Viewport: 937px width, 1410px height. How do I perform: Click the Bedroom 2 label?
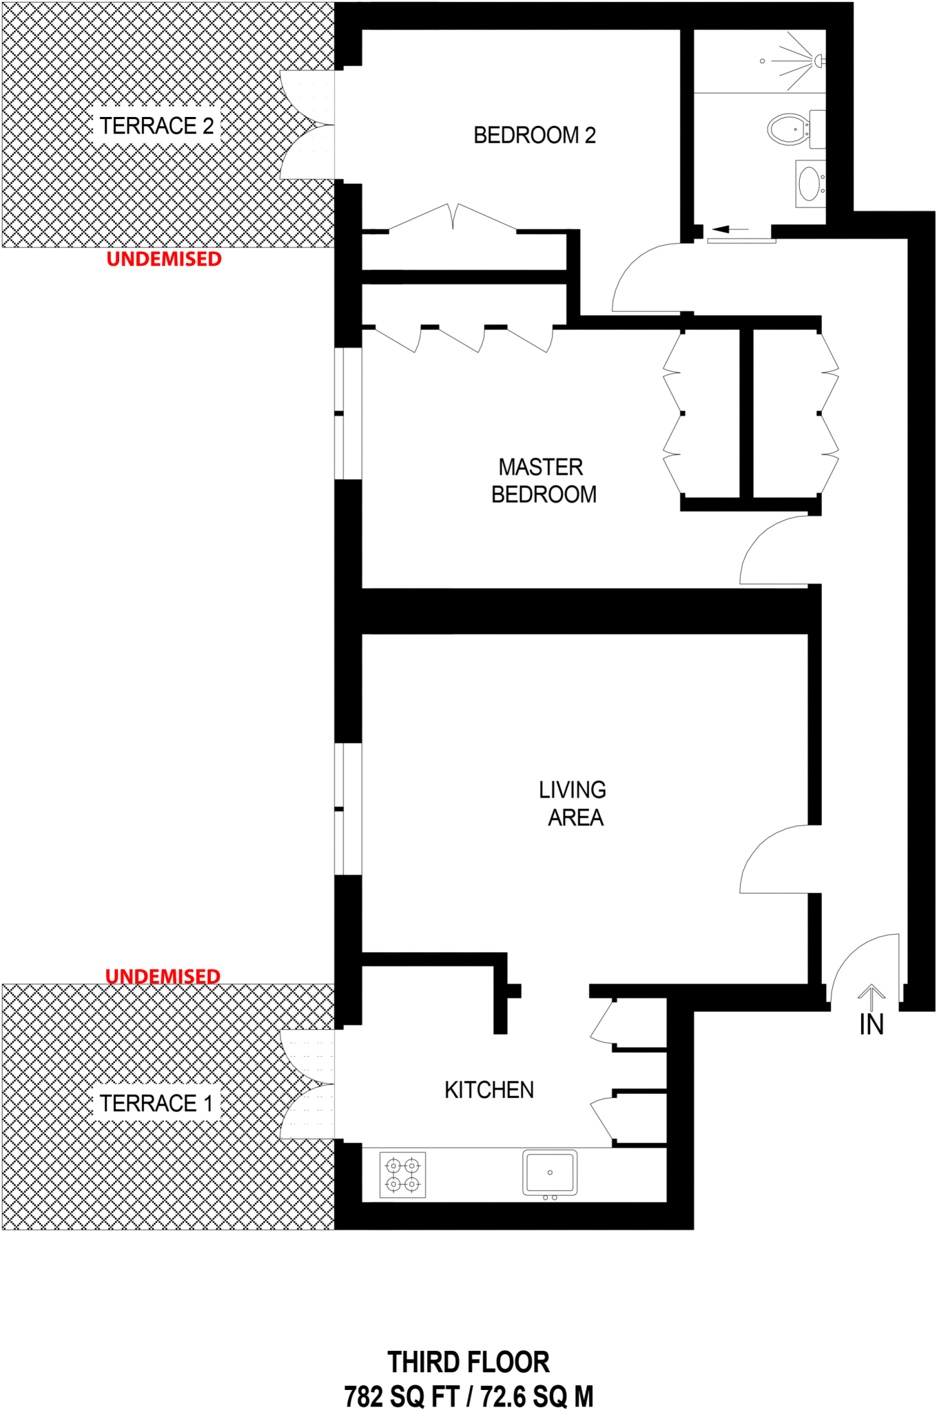[534, 136]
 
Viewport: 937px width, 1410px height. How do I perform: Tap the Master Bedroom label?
[543, 481]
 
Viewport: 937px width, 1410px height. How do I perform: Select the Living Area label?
[573, 803]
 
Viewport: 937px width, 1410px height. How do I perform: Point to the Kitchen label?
[489, 1090]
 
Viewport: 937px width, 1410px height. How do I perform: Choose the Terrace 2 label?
[156, 126]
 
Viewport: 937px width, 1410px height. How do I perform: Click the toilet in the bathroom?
[788, 129]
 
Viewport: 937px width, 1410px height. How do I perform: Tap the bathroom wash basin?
[810, 184]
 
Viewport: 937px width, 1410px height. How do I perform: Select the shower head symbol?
[818, 61]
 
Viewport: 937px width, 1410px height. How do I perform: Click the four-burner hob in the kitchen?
[403, 1175]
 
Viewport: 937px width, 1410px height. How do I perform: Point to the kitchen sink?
[550, 1172]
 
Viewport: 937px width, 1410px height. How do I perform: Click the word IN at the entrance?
[872, 1025]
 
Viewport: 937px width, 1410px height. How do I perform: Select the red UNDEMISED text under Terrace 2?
[164, 260]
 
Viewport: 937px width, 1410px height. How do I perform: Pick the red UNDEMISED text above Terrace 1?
[163, 976]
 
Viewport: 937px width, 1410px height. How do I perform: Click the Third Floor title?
[468, 1362]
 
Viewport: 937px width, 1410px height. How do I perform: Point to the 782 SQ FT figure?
[402, 1397]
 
